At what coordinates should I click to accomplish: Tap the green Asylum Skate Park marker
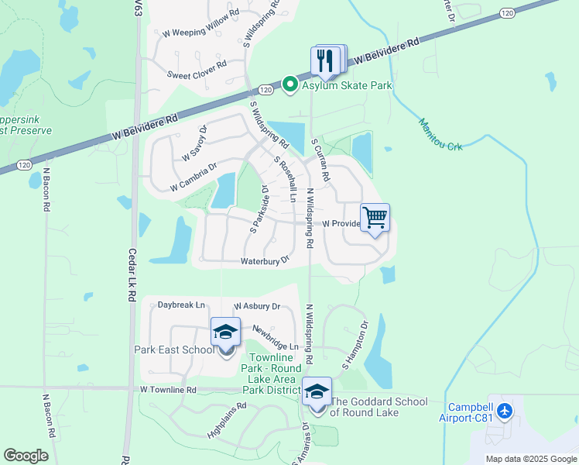[290, 84]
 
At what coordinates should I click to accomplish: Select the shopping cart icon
[375, 218]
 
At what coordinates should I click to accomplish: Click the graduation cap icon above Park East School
[225, 332]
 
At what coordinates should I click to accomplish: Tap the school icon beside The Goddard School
[316, 392]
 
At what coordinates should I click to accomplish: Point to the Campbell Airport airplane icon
[505, 410]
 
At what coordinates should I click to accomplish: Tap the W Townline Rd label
[169, 390]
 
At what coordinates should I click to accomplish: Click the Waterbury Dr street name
[265, 261]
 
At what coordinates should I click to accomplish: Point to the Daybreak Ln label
[181, 305]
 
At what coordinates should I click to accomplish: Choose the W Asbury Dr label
[257, 307]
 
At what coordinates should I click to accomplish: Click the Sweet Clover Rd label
[197, 70]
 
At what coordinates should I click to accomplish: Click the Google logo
[26, 456]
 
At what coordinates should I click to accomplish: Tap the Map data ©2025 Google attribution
[530, 459]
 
